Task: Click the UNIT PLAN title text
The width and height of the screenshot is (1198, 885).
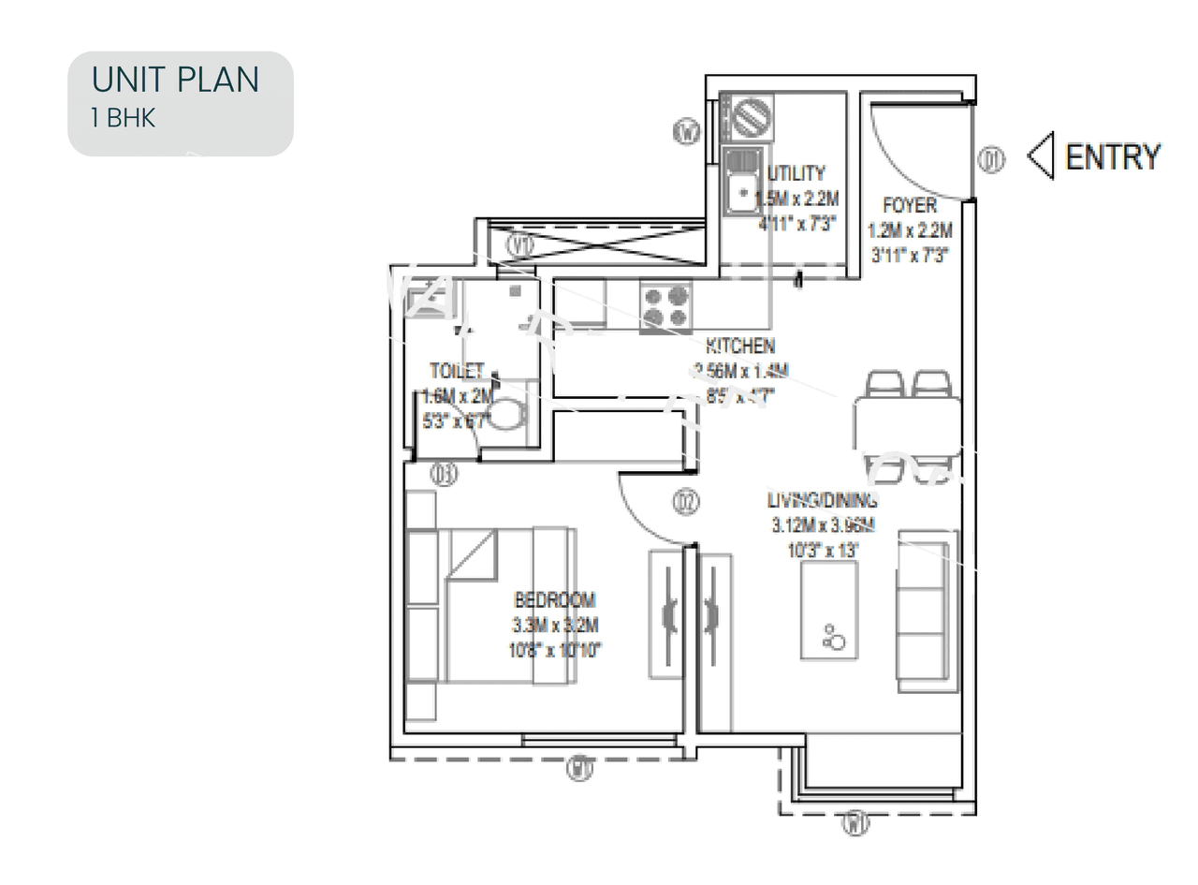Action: point(175,81)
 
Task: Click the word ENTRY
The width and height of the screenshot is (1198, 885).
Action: point(1113,156)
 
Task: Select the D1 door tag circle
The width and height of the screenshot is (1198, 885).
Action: point(991,161)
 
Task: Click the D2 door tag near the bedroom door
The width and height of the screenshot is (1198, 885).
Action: point(686,503)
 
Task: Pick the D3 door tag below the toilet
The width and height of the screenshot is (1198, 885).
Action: point(444,475)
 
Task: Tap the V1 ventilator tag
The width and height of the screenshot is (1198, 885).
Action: point(521,245)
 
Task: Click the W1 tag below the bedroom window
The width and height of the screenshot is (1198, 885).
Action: point(580,770)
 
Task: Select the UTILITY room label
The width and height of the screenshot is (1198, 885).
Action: point(796,173)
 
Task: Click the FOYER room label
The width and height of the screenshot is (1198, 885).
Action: point(909,205)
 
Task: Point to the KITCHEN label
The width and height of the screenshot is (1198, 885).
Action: point(739,347)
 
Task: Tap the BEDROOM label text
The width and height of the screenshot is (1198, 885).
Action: point(554,600)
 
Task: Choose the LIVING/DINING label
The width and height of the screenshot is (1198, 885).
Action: point(822,500)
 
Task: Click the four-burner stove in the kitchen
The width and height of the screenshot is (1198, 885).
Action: point(665,306)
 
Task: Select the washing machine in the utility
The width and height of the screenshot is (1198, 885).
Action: point(751,118)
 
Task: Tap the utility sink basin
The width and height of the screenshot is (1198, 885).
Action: point(742,192)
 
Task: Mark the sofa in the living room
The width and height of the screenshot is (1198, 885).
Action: point(927,611)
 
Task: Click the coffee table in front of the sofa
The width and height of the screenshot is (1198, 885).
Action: point(828,611)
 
